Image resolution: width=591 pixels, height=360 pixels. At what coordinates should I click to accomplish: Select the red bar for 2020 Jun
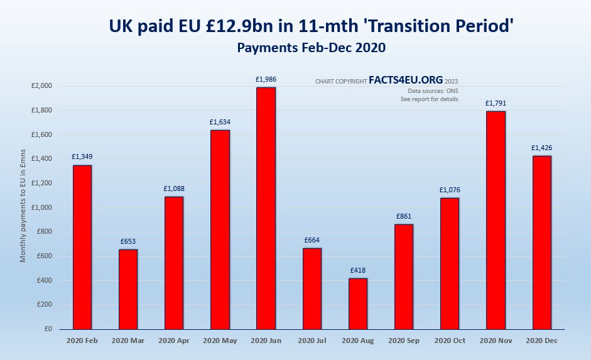(266, 208)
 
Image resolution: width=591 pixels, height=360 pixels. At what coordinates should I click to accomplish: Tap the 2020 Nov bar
(496, 220)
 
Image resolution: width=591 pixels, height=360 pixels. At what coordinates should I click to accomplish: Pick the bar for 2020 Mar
(128, 289)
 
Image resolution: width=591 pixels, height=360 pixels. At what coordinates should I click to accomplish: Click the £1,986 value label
(266, 79)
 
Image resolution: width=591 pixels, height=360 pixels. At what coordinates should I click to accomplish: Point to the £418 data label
(358, 270)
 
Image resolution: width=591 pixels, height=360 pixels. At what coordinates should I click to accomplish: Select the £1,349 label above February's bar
(82, 156)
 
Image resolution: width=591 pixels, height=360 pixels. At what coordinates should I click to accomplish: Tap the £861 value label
(404, 216)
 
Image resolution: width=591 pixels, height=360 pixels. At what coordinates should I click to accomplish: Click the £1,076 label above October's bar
(450, 190)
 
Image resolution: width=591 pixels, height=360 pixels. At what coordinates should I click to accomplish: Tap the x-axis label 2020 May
(220, 341)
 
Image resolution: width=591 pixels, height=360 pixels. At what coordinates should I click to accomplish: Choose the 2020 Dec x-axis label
(541, 341)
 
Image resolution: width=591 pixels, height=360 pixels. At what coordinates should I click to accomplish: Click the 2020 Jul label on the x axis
(312, 341)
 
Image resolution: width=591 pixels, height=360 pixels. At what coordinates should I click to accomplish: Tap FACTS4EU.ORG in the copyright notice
(406, 80)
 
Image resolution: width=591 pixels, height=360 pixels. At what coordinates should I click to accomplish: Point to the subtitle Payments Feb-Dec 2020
(311, 47)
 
